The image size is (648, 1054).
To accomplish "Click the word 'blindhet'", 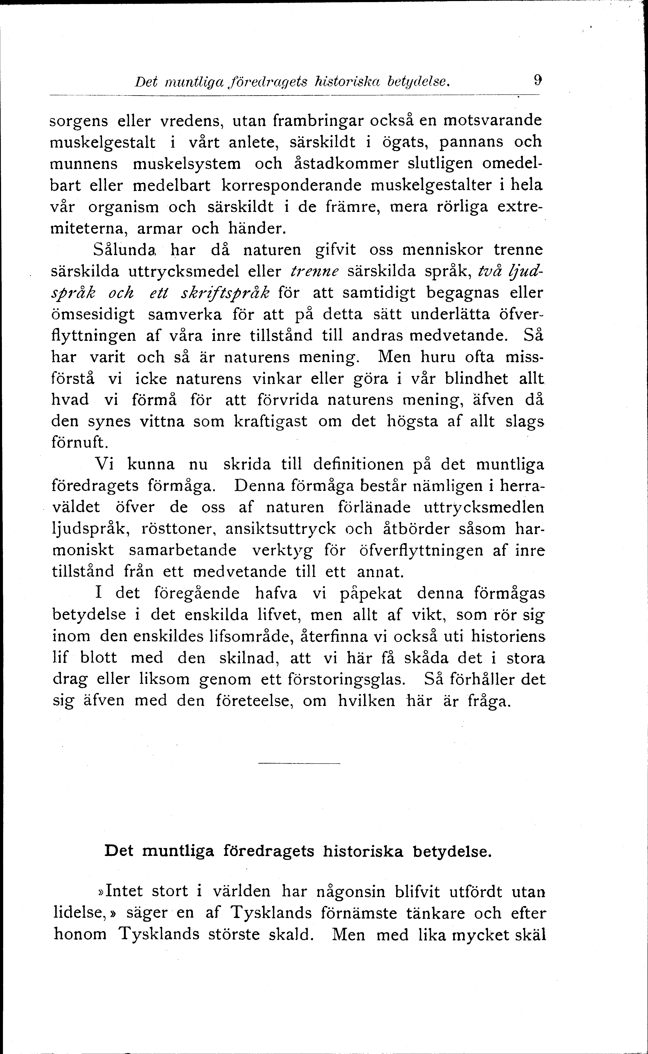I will pyautogui.click(x=476, y=379).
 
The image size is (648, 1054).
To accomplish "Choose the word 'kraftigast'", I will pyautogui.click(x=271, y=422).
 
